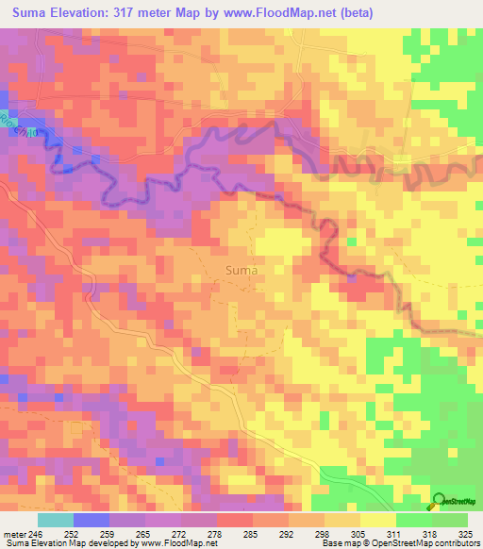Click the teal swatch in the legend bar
tap(55, 520)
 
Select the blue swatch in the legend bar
tap(91, 520)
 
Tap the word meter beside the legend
tap(14, 533)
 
